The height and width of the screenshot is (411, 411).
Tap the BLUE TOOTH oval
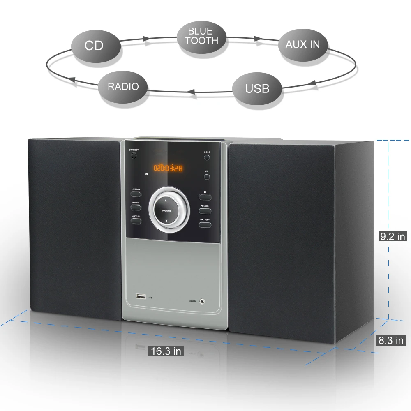(x=201, y=36)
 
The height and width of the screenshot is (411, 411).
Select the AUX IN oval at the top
(x=302, y=44)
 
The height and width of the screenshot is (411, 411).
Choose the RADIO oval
(x=123, y=87)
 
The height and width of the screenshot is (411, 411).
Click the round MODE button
(x=207, y=157)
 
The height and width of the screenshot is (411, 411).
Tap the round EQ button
(x=207, y=177)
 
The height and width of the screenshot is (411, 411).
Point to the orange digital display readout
(x=168, y=168)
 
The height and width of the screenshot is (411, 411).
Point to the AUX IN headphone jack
(x=202, y=301)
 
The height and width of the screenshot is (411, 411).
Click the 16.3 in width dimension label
(x=166, y=351)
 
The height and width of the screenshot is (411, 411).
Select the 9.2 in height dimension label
(x=393, y=236)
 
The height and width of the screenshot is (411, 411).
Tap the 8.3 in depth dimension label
(x=391, y=340)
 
